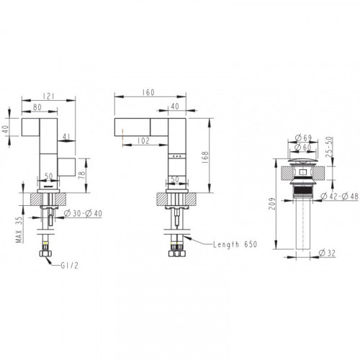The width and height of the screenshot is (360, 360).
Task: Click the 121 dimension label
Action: [x=48, y=96]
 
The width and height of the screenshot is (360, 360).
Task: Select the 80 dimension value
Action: [x=37, y=107]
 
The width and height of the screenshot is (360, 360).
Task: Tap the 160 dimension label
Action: [x=148, y=92]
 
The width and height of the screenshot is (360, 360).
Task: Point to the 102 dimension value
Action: [x=143, y=140]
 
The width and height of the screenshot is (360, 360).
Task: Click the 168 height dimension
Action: [x=205, y=158]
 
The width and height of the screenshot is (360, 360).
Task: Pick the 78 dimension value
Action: [x=82, y=174]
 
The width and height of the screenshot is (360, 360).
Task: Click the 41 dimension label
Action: [x=66, y=137]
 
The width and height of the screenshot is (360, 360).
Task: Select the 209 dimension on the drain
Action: [x=272, y=204]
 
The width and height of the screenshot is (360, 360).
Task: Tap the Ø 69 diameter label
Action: [x=303, y=138]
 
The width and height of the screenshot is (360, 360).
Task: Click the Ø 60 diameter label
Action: [x=303, y=147]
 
